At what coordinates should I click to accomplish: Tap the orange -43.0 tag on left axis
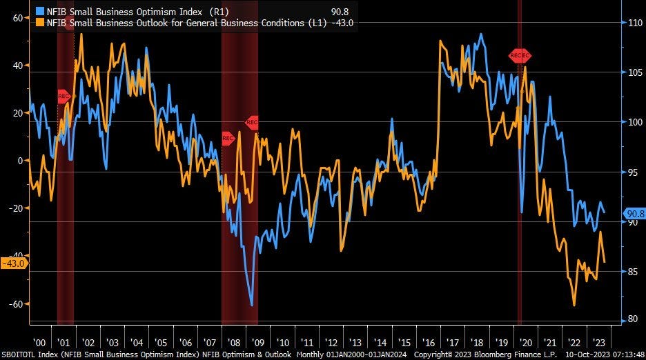click(14, 263)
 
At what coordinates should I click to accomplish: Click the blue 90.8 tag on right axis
click(634, 214)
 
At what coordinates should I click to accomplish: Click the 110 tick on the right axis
click(634, 22)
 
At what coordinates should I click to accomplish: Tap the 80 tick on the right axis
click(632, 319)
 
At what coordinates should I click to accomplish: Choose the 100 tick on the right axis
click(634, 121)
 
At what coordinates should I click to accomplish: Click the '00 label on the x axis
click(39, 342)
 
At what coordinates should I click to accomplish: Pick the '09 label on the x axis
click(257, 342)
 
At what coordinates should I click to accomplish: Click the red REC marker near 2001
click(64, 96)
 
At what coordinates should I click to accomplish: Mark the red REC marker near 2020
click(520, 55)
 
